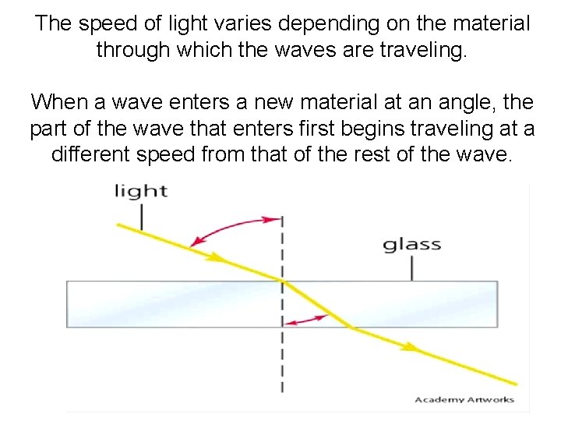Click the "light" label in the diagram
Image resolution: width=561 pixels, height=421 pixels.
tap(142, 191)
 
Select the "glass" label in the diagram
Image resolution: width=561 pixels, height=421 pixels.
tap(411, 244)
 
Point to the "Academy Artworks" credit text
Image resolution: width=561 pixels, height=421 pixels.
tap(464, 400)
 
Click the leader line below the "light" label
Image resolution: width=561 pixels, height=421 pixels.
tap(143, 217)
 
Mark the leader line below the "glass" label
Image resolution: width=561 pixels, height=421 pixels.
tap(411, 267)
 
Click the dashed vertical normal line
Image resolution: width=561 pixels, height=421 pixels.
tap(282, 359)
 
